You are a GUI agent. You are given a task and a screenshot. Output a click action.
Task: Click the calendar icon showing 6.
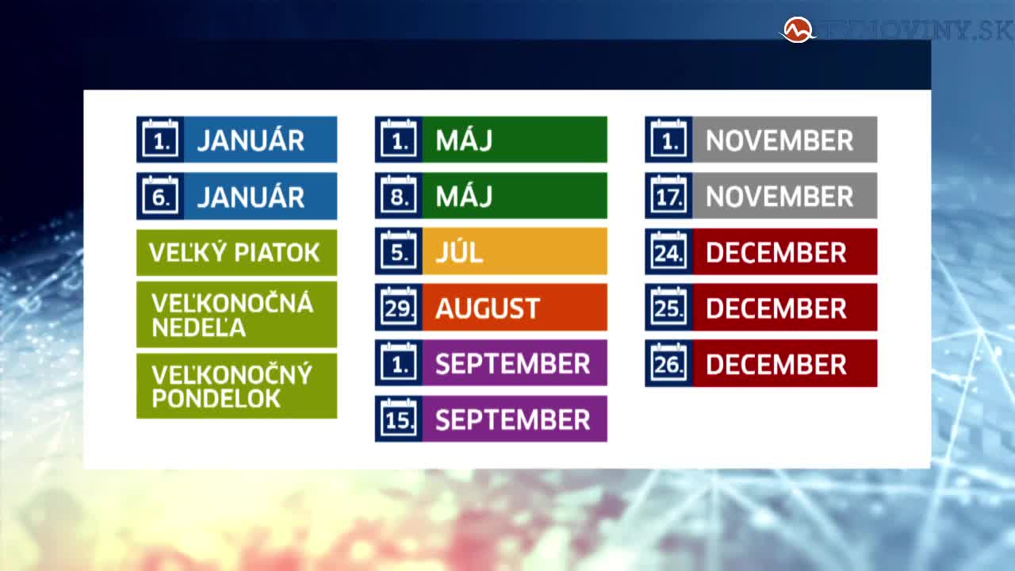pyautogui.click(x=160, y=195)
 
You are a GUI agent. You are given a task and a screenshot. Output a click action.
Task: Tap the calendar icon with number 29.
pyautogui.click(x=399, y=307)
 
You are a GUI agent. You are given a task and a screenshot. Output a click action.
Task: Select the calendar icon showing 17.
pyautogui.click(x=668, y=195)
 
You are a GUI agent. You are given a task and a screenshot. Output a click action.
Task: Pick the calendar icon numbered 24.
pyautogui.click(x=668, y=251)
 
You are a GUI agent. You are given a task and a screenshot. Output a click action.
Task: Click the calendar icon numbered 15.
pyautogui.click(x=399, y=419)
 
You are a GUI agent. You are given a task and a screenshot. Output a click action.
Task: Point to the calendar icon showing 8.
pyautogui.click(x=399, y=195)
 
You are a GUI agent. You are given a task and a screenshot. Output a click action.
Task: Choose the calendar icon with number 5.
pyautogui.click(x=399, y=251)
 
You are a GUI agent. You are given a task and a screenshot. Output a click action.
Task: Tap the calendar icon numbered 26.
pyautogui.click(x=668, y=363)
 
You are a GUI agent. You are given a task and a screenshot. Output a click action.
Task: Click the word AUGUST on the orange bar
pyautogui.click(x=488, y=308)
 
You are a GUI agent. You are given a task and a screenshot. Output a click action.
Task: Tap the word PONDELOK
pyautogui.click(x=216, y=399)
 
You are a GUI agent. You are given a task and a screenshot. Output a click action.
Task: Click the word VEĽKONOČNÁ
pyautogui.click(x=232, y=302)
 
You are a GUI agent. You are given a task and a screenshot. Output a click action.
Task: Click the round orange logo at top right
pyautogui.click(x=798, y=30)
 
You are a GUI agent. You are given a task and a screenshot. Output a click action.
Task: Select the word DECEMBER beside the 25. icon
pyautogui.click(x=776, y=308)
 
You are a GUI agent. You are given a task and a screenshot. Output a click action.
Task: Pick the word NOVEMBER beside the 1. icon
pyautogui.click(x=779, y=140)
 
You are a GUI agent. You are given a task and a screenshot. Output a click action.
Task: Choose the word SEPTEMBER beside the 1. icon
pyautogui.click(x=512, y=364)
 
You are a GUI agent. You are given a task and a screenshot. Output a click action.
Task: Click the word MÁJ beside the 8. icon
pyautogui.click(x=464, y=195)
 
